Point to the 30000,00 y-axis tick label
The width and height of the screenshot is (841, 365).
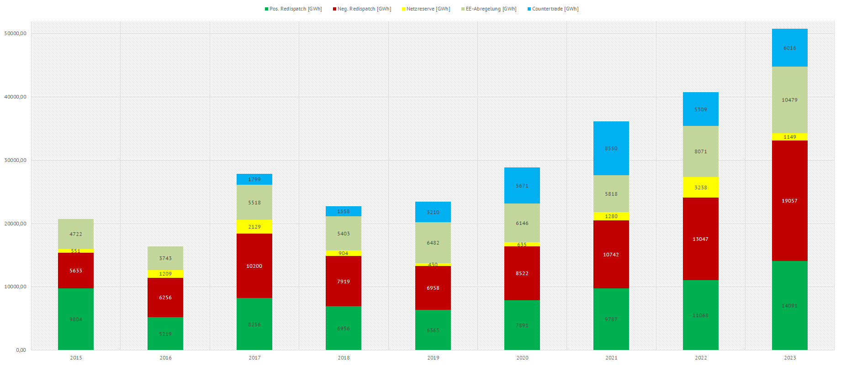tap(15, 160)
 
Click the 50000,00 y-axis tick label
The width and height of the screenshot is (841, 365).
tap(15, 33)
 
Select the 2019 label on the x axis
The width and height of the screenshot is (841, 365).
tap(433, 358)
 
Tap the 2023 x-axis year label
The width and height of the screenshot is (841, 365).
tap(790, 358)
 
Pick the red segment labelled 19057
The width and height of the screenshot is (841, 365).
tap(789, 201)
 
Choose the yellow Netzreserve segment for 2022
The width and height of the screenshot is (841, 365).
tap(701, 188)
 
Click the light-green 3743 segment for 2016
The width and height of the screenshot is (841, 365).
tap(165, 258)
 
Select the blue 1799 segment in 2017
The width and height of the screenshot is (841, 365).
tap(254, 179)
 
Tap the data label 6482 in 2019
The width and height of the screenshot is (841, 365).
tap(433, 243)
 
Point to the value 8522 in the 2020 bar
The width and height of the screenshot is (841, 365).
tap(522, 273)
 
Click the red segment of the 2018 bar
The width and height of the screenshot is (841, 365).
tap(344, 282)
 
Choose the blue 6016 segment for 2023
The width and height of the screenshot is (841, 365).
tap(790, 48)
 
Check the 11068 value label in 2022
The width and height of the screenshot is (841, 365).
tap(700, 315)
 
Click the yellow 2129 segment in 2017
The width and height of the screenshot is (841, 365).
tap(254, 227)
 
